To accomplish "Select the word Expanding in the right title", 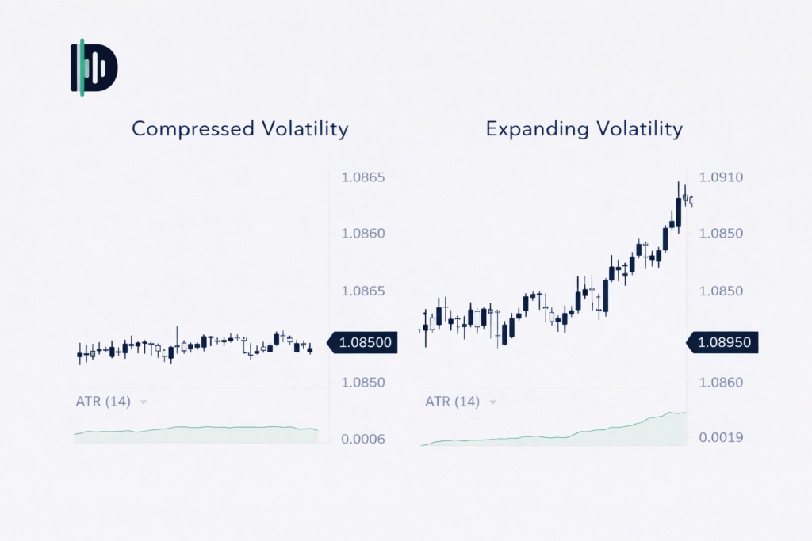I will pos(534,128).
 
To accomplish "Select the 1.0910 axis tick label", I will pos(722,177).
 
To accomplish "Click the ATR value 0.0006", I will pos(362,439).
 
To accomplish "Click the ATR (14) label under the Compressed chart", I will pos(103,402).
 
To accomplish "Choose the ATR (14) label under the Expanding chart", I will pos(452,402).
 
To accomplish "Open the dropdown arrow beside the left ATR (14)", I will pos(144,402).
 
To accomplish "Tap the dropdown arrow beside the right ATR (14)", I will pos(492,402).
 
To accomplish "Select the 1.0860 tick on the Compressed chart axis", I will pos(362,234).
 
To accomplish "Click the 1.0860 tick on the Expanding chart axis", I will pos(722,382).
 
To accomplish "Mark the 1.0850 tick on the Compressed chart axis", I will pos(362,382).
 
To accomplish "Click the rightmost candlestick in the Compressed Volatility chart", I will pos(310,349).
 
